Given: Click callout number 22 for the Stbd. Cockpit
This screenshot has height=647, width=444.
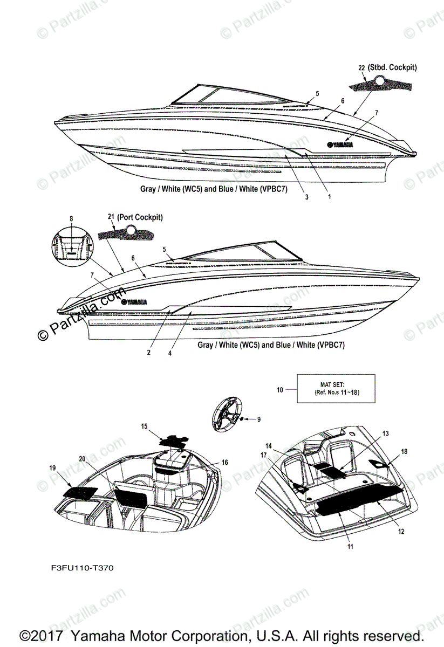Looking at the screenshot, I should [361, 68].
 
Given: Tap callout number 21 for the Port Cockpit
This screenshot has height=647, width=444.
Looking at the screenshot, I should [111, 217].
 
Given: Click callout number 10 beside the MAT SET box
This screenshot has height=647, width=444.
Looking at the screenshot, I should [280, 389].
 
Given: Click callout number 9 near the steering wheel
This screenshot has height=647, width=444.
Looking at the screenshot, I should [258, 419].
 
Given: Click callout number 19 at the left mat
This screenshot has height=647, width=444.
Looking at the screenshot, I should [52, 468].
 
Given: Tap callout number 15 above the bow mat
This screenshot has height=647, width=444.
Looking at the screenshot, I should [144, 426].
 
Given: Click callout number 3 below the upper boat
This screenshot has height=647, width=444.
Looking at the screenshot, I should [306, 197].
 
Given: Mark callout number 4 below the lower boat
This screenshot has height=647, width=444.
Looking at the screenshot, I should [170, 353].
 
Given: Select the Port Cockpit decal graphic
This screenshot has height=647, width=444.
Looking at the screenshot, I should [127, 233].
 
